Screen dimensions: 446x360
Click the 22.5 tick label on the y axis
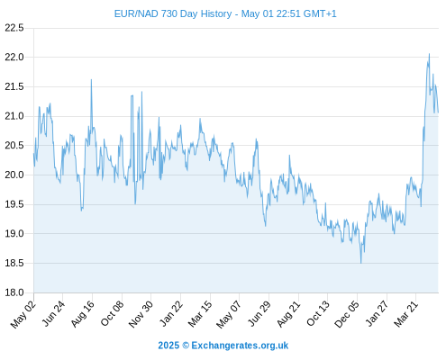tap(14, 28)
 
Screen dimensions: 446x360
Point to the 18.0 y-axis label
tap(14, 292)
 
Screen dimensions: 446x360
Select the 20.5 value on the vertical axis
tap(14, 146)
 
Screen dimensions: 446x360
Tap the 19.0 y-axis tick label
tap(14, 234)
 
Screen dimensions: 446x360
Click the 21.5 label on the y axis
tap(14, 87)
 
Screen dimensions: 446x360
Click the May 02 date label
tap(23, 314)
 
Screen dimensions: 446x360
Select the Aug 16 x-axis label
tap(83, 313)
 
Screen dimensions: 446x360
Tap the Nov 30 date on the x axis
tap(141, 314)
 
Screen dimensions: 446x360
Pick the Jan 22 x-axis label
tap(171, 313)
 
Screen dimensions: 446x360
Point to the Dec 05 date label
tap(347, 314)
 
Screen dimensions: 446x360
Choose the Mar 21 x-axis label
tap(406, 314)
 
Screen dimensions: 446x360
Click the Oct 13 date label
tap(318, 313)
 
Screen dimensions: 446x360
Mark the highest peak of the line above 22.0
tap(429, 54)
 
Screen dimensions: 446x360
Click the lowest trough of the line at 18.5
tap(360, 263)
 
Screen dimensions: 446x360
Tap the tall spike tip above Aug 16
tap(91, 80)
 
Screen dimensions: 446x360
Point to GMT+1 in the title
tap(320, 13)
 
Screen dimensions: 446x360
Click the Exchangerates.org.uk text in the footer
tap(240, 346)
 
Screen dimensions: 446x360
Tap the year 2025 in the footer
tap(168, 346)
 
